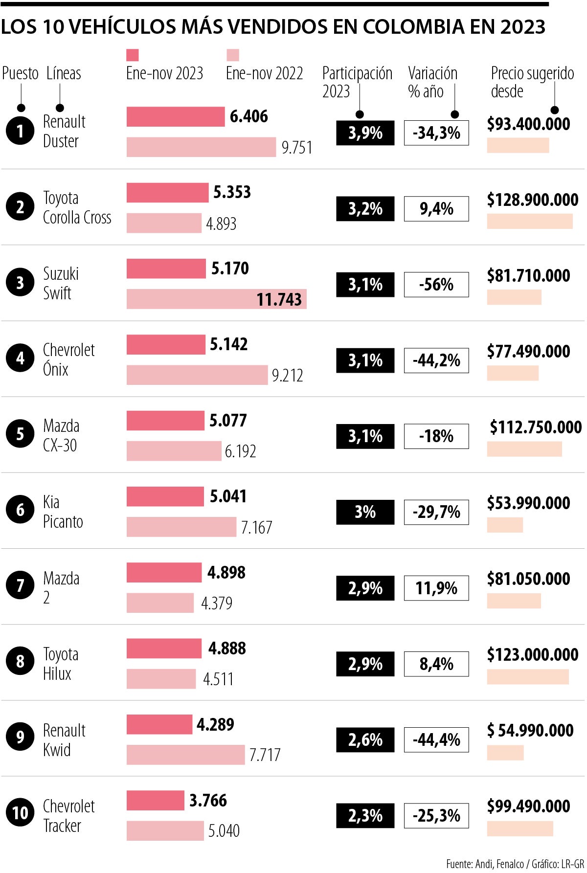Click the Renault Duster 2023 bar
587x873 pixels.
[x=176, y=117]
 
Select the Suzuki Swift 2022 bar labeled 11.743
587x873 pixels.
[x=216, y=299]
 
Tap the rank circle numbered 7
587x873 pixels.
[x=20, y=585]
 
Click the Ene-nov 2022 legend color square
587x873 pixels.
[x=232, y=55]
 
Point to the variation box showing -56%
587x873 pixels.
[x=436, y=285]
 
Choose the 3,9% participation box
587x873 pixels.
[x=365, y=133]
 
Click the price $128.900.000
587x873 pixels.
[x=532, y=200]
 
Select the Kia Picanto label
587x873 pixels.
[x=63, y=512]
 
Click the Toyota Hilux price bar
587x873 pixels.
[x=527, y=677]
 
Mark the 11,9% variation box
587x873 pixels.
[x=436, y=588]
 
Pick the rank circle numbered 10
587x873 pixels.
[x=20, y=812]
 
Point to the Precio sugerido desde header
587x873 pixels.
[x=532, y=82]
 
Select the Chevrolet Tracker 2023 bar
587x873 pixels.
[x=155, y=800]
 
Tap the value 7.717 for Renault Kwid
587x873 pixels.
[x=265, y=755]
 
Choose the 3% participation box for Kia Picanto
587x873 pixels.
[x=365, y=512]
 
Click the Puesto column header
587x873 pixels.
[x=20, y=73]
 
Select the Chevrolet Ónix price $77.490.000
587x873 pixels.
[x=528, y=351]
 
